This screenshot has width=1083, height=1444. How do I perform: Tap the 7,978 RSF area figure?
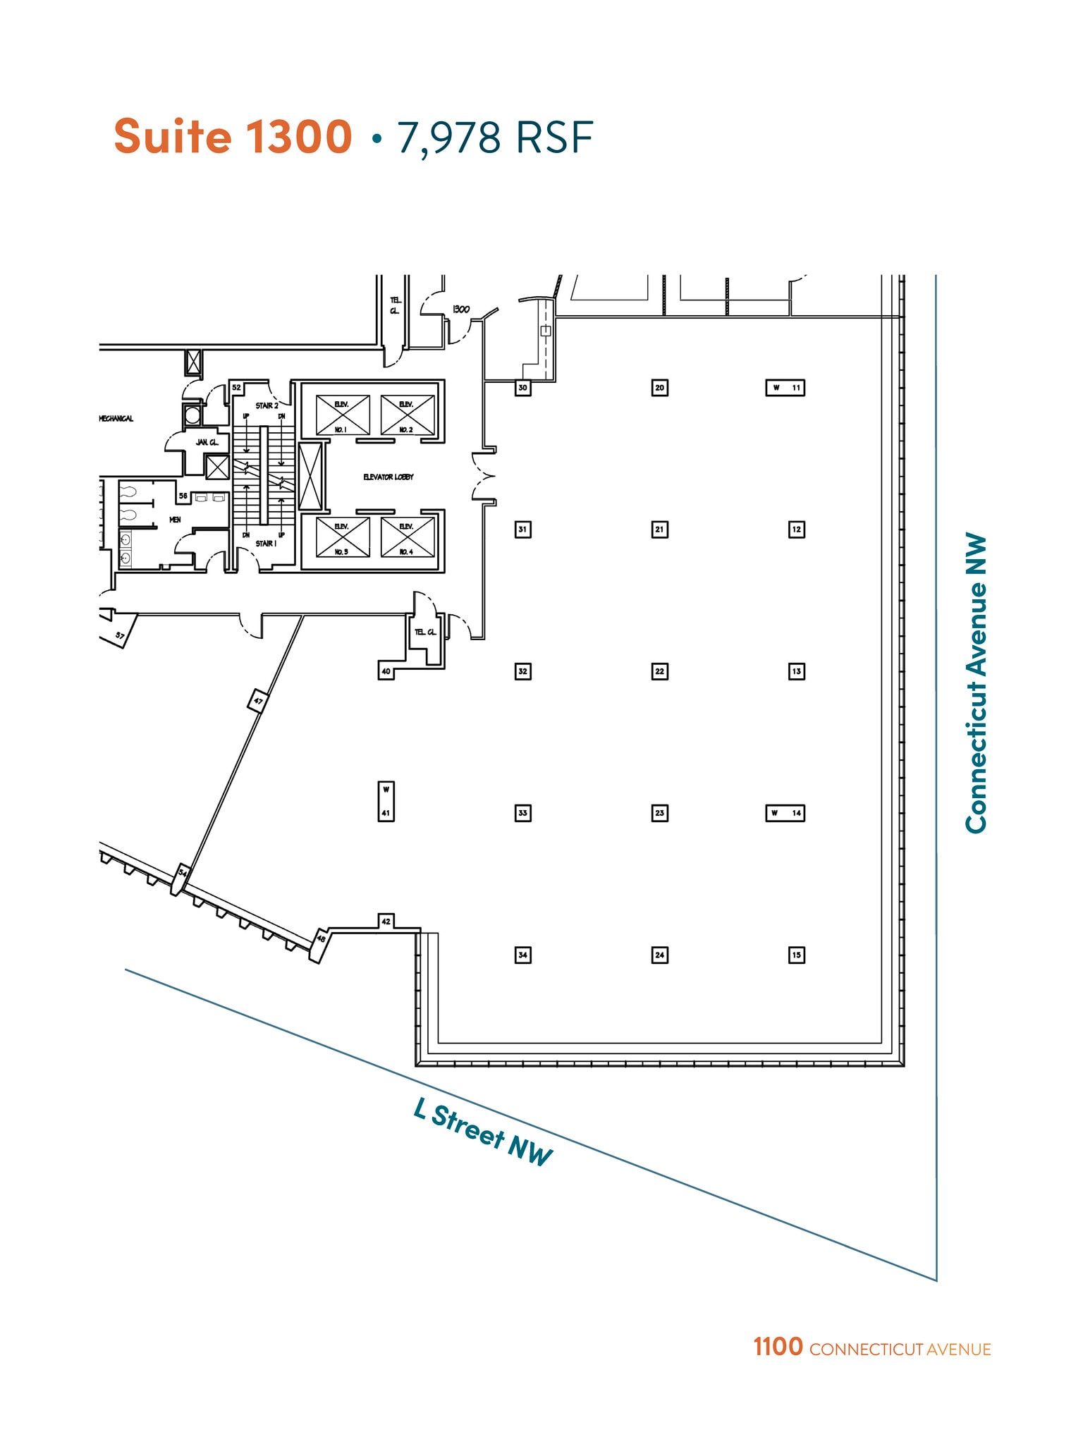[495, 137]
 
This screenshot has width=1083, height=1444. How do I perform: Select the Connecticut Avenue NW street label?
[976, 683]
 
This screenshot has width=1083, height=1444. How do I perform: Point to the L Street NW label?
[483, 1132]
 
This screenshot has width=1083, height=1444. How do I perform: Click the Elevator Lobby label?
[388, 477]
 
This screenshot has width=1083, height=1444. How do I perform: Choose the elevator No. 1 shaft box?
[343, 415]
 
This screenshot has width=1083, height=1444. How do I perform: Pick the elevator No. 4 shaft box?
[408, 537]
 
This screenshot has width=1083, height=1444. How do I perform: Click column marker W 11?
[785, 388]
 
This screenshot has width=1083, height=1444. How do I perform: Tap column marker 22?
[659, 671]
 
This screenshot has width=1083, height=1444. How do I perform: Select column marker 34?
[522, 955]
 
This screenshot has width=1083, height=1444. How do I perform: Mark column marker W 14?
[785, 813]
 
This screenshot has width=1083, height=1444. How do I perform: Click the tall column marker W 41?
[386, 802]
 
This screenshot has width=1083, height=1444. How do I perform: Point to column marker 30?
[522, 388]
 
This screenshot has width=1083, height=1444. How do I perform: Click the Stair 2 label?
[267, 406]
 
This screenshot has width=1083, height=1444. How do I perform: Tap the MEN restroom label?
[175, 520]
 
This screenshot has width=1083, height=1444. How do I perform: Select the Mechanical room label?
[116, 419]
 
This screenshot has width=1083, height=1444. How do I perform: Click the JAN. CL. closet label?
[207, 442]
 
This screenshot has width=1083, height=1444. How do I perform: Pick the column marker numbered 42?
[386, 921]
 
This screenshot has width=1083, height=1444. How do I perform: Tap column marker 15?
[796, 955]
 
